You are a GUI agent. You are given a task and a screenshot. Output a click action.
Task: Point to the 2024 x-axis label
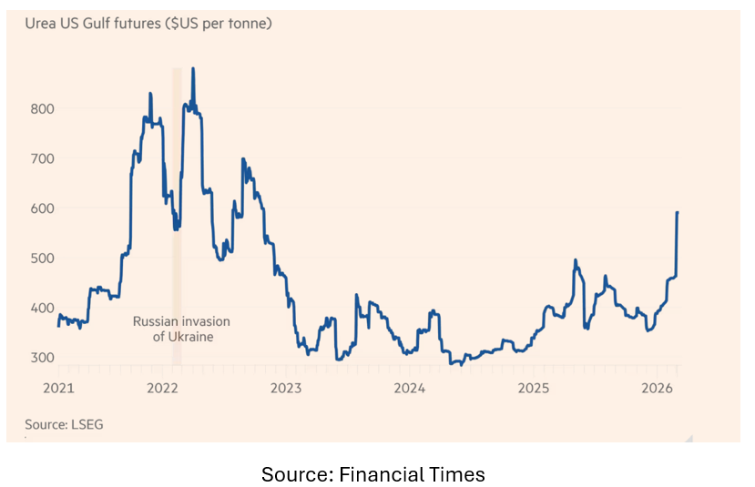410,389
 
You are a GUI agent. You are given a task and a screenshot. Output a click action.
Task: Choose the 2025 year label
534,389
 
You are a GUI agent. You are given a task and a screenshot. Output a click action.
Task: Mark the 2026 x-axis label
657,389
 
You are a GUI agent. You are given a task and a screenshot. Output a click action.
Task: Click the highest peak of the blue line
193,68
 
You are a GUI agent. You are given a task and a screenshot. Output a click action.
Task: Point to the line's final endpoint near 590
677,212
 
